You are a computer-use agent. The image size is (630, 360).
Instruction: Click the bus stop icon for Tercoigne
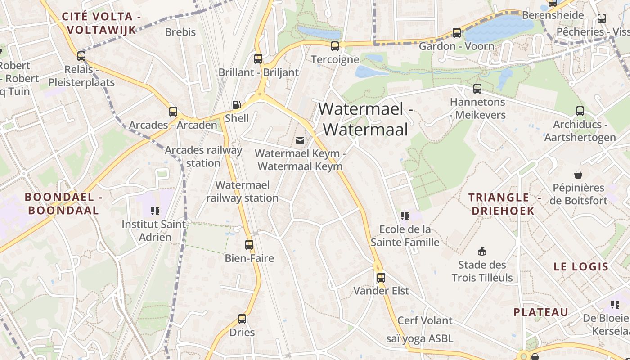click(x=334, y=46)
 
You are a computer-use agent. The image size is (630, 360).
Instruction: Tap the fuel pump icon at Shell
click(x=236, y=105)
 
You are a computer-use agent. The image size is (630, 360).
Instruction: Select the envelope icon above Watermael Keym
click(x=300, y=140)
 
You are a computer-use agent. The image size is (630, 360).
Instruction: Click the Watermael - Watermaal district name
click(x=365, y=119)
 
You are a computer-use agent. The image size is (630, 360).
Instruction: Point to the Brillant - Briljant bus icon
click(x=258, y=58)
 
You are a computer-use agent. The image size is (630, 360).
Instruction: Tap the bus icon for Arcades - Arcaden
click(x=173, y=112)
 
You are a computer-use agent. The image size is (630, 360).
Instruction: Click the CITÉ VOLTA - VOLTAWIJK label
click(x=101, y=23)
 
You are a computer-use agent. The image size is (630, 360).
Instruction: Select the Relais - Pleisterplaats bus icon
click(x=81, y=56)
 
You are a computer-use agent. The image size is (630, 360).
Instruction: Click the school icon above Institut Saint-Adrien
click(x=155, y=211)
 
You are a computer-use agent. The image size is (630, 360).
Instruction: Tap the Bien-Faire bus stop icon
click(x=249, y=245)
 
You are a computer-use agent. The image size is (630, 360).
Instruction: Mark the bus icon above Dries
click(x=242, y=319)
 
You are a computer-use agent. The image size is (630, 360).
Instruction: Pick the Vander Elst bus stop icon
click(x=381, y=277)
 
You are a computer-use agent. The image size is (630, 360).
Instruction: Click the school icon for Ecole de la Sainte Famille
click(x=405, y=216)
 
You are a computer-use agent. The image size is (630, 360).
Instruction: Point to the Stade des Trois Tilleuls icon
click(x=482, y=251)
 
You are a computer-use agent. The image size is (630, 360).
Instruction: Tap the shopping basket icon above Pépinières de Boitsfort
click(x=578, y=174)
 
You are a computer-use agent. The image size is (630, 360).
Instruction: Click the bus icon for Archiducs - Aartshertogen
click(x=580, y=111)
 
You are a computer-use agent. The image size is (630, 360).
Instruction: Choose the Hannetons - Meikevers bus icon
click(x=477, y=89)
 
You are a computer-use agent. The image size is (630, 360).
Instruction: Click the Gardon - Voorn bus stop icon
click(x=456, y=32)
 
